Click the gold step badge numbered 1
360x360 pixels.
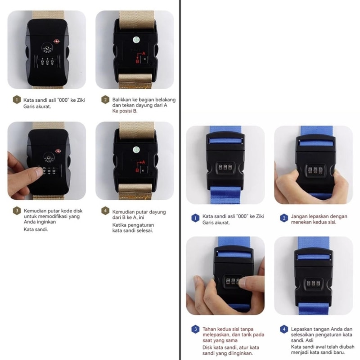tap(17, 99)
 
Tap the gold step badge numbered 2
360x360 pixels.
tap(105, 99)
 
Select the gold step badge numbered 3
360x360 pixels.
tap(17, 211)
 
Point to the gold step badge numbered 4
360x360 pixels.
tap(105, 211)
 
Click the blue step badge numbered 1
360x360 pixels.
tap(195, 218)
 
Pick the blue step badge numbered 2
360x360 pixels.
tap(284, 218)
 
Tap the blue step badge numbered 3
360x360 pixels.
tap(195, 329)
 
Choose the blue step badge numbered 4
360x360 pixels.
tap(284, 329)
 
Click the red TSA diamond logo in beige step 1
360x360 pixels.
tap(57, 41)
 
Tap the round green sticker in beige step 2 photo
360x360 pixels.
tap(136, 40)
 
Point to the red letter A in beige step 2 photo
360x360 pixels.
tap(144, 54)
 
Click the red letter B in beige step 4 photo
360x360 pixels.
tap(137, 170)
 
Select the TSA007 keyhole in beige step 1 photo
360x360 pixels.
tap(47, 48)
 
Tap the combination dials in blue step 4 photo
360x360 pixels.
tap(313, 284)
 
